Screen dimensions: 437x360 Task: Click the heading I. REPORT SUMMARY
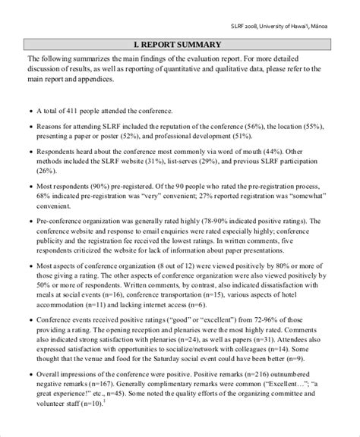pyautogui.click(x=179, y=45)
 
